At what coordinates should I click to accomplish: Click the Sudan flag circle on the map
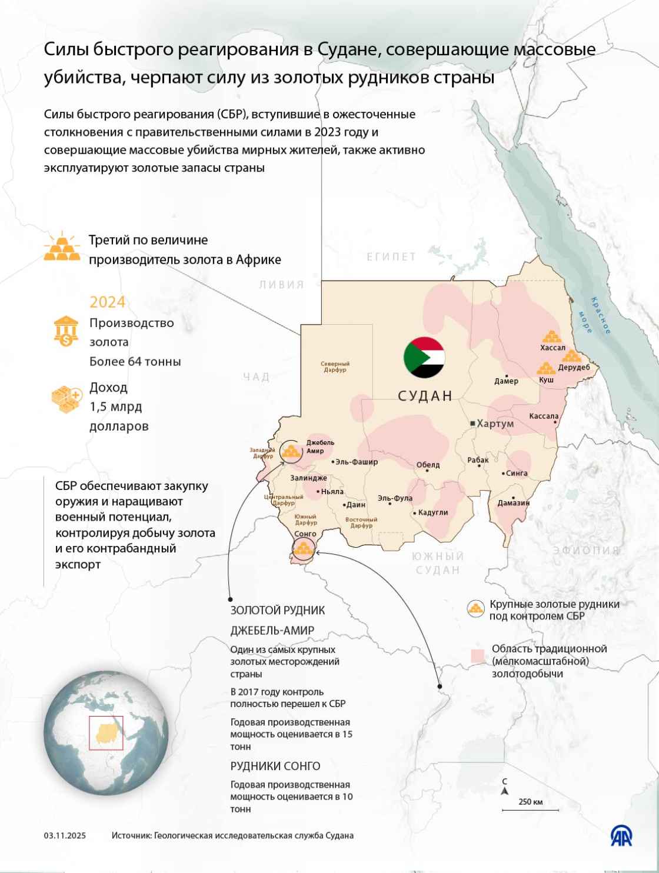pos(424,358)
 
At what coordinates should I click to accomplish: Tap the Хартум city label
pos(495,424)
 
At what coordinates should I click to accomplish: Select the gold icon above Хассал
pos(553,336)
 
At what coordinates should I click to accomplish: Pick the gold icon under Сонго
pos(304,549)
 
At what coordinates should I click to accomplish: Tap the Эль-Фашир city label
pos(357,462)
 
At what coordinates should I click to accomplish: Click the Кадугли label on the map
pos(433,512)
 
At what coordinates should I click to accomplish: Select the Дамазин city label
pos(514,503)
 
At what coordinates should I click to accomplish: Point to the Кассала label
pos(544,416)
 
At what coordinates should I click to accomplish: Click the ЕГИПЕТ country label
pos(391,256)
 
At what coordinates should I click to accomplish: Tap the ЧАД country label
pos(257,376)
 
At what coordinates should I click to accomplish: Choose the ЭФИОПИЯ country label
pos(586,551)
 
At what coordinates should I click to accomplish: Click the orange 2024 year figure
pos(108,302)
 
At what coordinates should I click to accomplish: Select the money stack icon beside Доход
pos(66,399)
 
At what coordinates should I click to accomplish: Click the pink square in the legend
pos(477,657)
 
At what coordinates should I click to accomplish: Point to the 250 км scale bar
pos(530,810)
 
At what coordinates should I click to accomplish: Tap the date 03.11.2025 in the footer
pos(65,835)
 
